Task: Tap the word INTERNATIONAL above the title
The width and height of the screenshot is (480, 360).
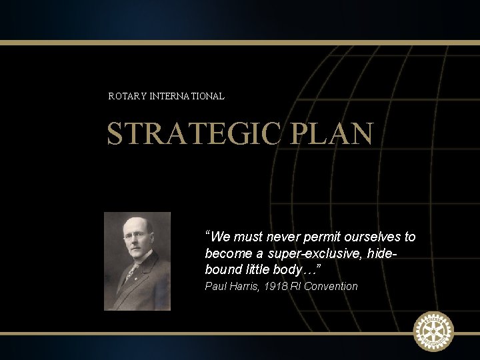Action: (x=187, y=96)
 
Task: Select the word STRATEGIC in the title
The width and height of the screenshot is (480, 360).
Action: (x=193, y=133)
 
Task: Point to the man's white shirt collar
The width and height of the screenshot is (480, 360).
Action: (x=137, y=263)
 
